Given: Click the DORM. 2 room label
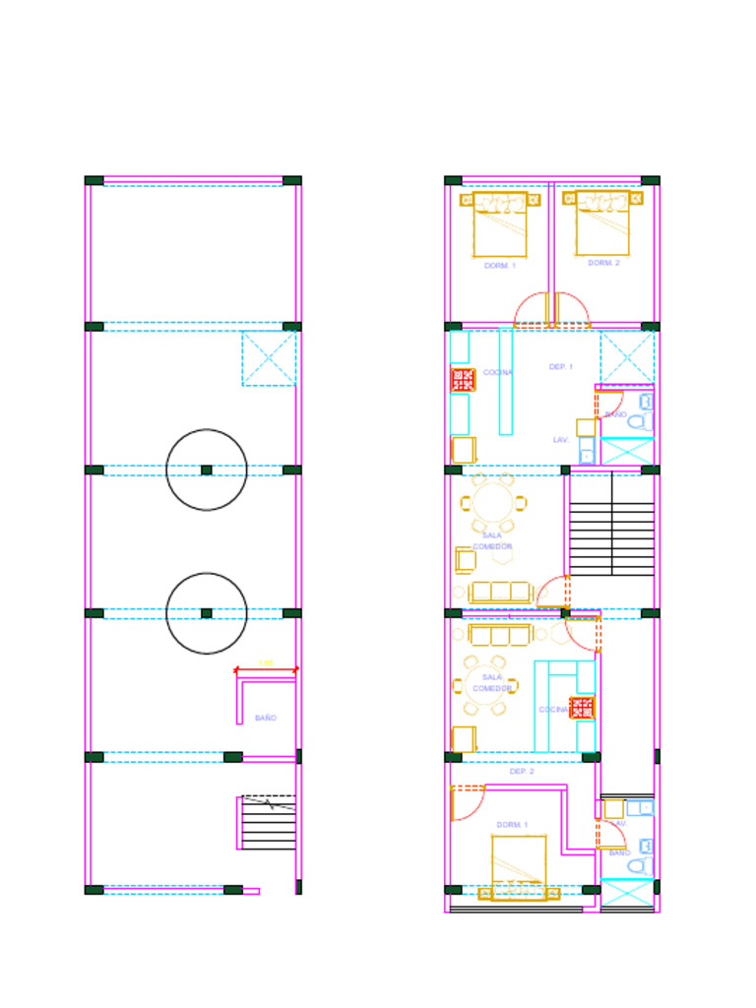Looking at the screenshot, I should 603,263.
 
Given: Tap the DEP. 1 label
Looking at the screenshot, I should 560,366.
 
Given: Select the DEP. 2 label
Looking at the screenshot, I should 522,772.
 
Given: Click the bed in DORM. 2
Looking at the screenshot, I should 602,224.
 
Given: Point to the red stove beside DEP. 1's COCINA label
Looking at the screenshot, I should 463,380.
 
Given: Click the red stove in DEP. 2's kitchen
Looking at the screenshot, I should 582,708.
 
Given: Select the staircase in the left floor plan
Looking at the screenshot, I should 269,823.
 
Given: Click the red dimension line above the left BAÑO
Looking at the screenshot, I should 266,670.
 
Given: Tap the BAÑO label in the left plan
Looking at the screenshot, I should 266,719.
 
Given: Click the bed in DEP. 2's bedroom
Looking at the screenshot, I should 519,866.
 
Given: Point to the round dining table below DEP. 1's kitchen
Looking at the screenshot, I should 493,502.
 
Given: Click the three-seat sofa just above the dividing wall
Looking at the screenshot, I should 500,592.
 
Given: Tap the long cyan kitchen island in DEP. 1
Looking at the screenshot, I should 506,381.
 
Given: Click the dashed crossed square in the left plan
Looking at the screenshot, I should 269,358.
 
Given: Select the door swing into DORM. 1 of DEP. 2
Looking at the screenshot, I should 468,802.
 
